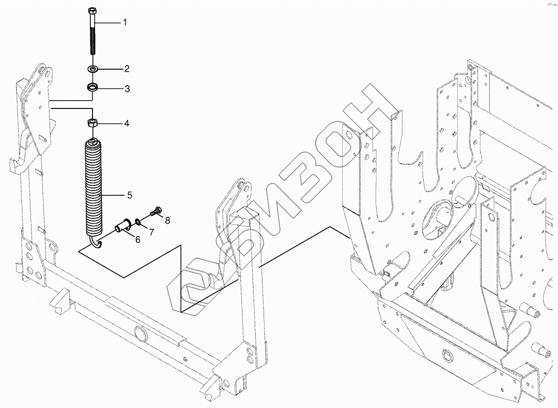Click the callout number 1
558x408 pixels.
tap(124, 23)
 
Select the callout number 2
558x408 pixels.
tap(126, 69)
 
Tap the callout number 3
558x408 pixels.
tap(126, 89)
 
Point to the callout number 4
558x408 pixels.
tap(126, 123)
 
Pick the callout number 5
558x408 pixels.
tap(130, 195)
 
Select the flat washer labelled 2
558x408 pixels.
tap(94, 69)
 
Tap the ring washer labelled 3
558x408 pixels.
tap(93, 87)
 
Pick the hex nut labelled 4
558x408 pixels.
tap(93, 123)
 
